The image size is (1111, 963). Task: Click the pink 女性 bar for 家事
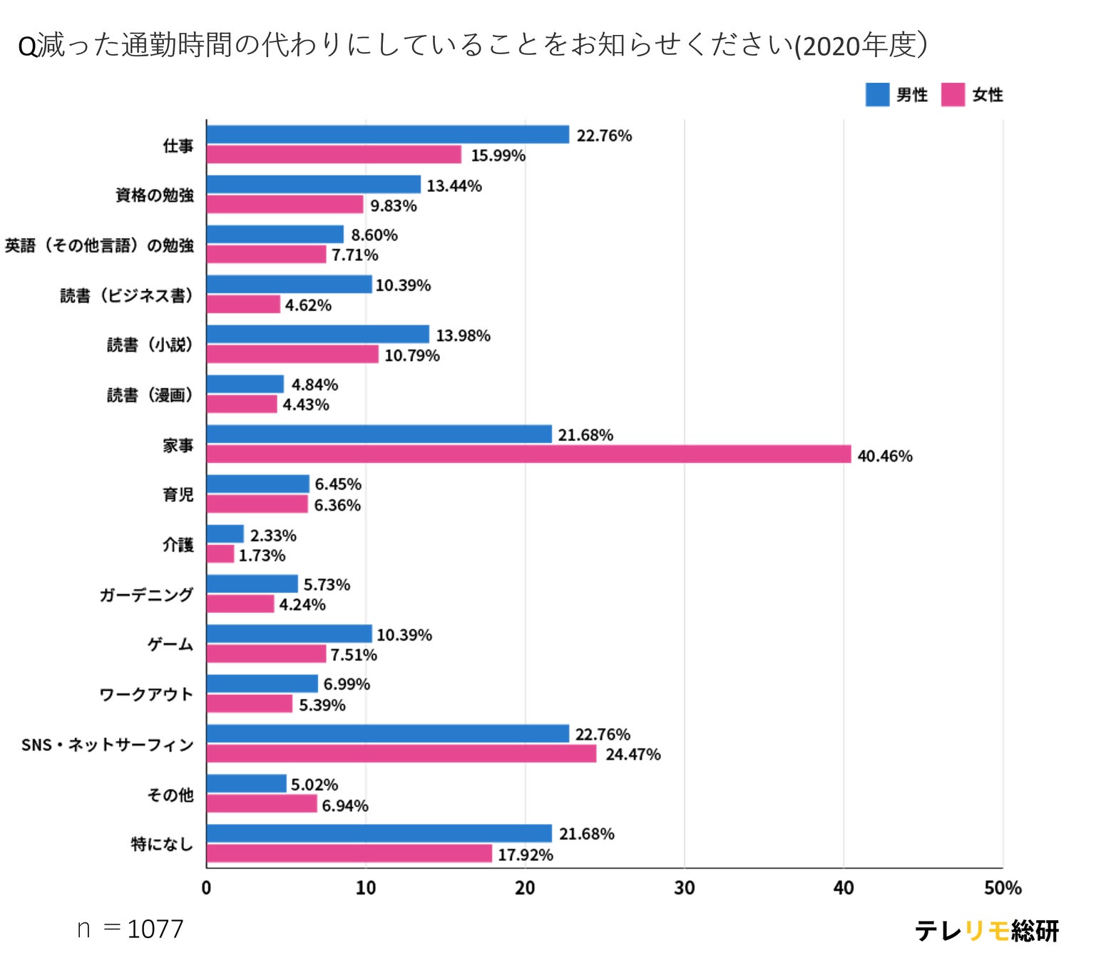click(x=528, y=454)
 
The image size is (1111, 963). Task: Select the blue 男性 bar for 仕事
click(x=388, y=134)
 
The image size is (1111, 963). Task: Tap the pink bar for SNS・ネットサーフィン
click(x=401, y=753)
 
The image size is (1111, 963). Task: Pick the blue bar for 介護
click(x=225, y=534)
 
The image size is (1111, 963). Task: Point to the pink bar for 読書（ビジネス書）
click(x=243, y=305)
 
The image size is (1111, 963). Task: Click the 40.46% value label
click(x=884, y=456)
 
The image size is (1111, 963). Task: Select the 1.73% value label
click(x=262, y=555)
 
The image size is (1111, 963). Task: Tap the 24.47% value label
click(x=633, y=754)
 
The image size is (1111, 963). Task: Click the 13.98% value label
click(x=463, y=335)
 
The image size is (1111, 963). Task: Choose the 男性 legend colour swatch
click(x=877, y=94)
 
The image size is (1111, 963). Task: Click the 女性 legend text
click(x=988, y=94)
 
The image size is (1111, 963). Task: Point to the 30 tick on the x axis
click(x=684, y=888)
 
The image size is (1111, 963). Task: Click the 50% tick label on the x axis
click(x=1002, y=888)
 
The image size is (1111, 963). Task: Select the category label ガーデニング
click(x=146, y=595)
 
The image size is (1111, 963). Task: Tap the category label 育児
click(x=178, y=494)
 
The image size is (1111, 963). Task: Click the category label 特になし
click(x=162, y=844)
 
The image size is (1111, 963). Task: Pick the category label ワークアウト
click(x=146, y=694)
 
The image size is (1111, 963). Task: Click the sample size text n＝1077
click(x=130, y=929)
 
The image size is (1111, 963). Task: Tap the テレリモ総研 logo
click(x=986, y=930)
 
